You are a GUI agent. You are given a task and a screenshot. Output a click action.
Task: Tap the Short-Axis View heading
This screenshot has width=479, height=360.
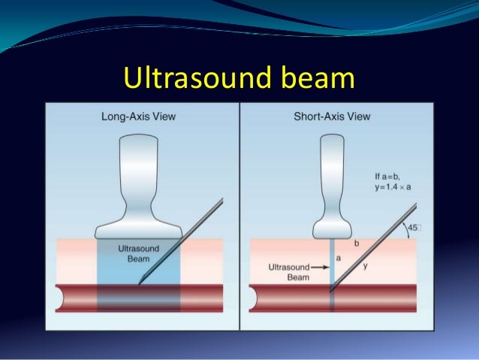333,116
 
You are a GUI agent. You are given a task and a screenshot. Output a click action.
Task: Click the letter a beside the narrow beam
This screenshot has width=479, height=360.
339,257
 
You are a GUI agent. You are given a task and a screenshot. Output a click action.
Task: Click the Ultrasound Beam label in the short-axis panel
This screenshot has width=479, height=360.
289,271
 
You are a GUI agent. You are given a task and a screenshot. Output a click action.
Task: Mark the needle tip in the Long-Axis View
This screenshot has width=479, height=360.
140,282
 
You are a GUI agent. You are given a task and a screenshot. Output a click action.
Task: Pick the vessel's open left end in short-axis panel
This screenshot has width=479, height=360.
254,298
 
